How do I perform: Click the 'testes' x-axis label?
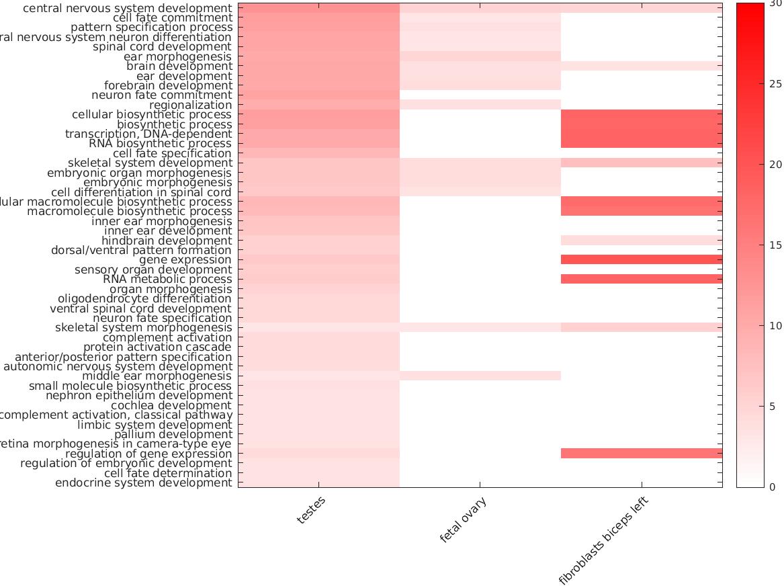tap(311, 511)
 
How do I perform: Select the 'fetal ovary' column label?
tap(463, 520)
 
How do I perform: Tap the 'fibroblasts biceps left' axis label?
tap(605, 542)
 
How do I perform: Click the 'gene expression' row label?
tap(185, 260)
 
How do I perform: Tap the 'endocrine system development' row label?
tap(143, 482)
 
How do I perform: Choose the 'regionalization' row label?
tap(190, 105)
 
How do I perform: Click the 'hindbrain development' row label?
tap(167, 241)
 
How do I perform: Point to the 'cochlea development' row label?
tap(171, 405)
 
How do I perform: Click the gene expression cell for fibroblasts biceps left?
tap(642, 260)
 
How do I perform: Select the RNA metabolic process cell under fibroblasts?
tap(642, 280)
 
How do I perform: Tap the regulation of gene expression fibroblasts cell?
tap(642, 454)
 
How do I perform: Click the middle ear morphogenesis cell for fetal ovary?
tap(480, 376)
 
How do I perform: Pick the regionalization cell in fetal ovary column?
tap(480, 105)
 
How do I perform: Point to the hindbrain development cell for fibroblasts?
tap(642, 241)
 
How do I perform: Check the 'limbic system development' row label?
tap(155, 425)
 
